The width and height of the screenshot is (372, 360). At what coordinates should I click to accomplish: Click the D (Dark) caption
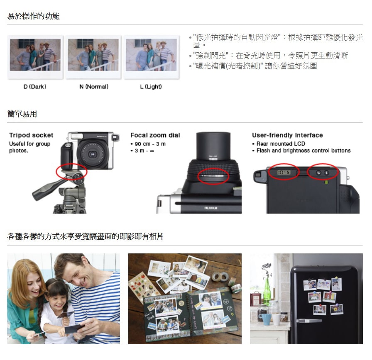point(35,87)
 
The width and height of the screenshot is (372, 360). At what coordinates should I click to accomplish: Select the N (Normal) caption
point(94,87)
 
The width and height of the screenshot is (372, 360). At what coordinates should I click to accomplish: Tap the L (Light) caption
point(151,87)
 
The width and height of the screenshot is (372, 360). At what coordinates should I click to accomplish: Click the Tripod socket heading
point(31,135)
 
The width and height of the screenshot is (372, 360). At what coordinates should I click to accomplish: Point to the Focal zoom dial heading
point(155,135)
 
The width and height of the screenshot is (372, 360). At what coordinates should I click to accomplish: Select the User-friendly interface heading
point(287,135)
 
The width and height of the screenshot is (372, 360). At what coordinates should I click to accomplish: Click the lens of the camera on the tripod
point(92,154)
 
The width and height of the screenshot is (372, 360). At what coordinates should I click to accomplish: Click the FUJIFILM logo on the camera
point(210,208)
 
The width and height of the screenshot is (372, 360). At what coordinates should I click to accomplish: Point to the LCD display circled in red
point(284,172)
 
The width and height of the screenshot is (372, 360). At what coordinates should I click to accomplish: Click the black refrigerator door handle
point(308,321)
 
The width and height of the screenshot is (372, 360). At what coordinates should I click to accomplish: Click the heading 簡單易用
point(22,114)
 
